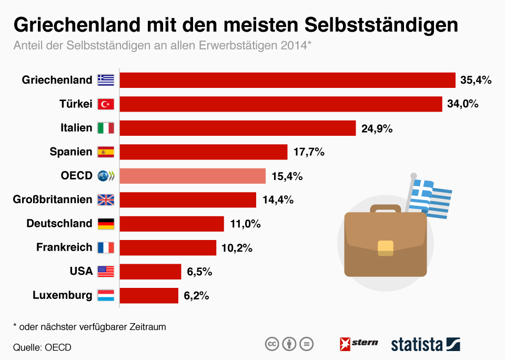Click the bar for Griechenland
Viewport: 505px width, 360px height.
tap(287, 80)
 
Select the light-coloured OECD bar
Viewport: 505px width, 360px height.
tap(193, 176)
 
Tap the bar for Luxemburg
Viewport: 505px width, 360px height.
tap(149, 295)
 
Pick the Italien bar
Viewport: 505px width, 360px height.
tap(238, 128)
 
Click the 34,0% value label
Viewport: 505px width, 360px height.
tap(462, 104)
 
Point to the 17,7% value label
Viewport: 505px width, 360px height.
tap(309, 152)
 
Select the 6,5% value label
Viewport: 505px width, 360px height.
tap(199, 272)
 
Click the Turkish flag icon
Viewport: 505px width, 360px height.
tap(106, 104)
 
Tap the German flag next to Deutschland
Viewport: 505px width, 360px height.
tap(106, 224)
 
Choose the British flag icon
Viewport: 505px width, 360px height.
tap(106, 200)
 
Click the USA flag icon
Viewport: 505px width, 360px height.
tap(106, 272)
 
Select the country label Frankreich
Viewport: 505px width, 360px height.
tap(64, 247)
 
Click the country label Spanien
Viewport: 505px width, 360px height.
tap(71, 152)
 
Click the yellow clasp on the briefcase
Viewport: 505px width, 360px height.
tap(386, 247)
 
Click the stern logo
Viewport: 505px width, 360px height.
tap(359, 344)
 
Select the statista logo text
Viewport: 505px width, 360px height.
tap(417, 345)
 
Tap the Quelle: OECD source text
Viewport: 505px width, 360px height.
tap(42, 347)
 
